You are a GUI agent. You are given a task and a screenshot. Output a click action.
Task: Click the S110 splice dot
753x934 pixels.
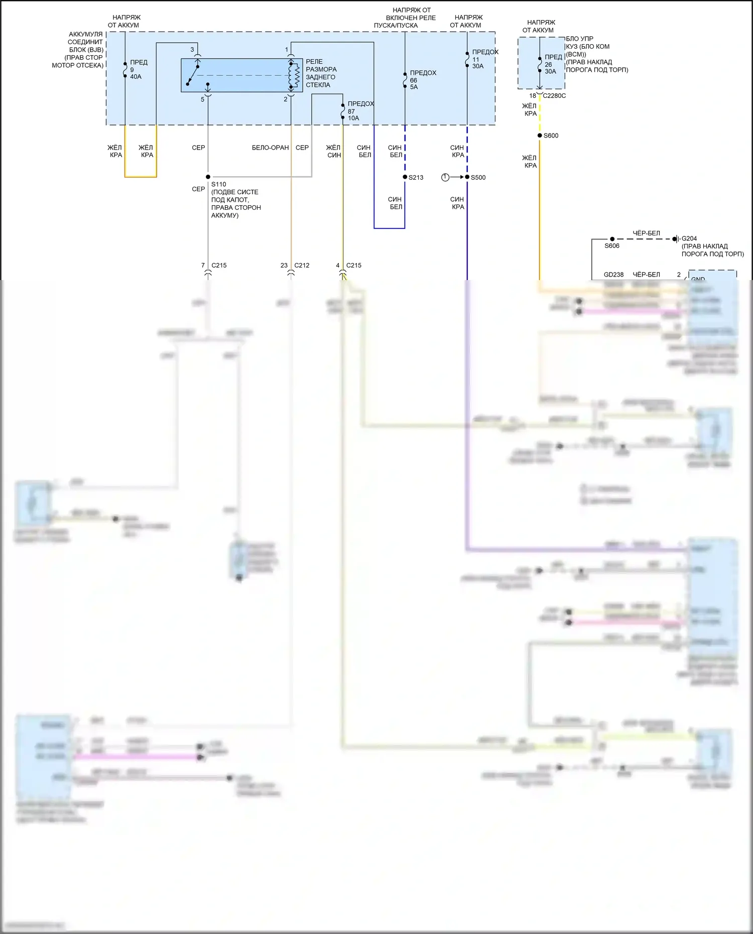click(x=208, y=177)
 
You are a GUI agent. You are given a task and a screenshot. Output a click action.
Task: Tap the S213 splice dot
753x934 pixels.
click(x=405, y=177)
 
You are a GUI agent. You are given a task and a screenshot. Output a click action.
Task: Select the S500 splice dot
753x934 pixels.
click(x=467, y=177)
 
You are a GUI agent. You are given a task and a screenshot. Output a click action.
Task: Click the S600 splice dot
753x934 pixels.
click(x=540, y=136)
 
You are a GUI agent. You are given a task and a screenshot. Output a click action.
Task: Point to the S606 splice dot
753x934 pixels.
click(x=612, y=239)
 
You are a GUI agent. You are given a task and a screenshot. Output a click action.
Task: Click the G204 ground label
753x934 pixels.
click(x=689, y=238)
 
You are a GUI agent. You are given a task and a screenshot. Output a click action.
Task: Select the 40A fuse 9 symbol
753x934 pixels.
click(x=125, y=70)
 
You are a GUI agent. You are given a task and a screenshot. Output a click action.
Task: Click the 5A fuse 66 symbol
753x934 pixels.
click(x=405, y=80)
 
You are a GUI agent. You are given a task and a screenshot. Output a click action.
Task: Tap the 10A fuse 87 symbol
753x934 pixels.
click(x=343, y=111)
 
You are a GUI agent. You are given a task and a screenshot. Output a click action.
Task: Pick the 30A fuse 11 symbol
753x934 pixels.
click(x=467, y=59)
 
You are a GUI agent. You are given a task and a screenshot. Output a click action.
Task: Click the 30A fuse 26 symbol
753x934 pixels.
click(x=540, y=64)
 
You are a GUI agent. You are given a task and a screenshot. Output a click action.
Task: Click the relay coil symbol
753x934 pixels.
click(x=294, y=75)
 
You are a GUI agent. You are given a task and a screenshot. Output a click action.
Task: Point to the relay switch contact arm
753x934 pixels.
click(x=192, y=75)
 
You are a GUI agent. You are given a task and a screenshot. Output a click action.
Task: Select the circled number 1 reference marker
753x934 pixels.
click(x=445, y=177)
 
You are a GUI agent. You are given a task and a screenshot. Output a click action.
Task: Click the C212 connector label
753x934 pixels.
click(x=302, y=265)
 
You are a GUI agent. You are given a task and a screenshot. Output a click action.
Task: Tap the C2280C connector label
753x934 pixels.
click(x=554, y=96)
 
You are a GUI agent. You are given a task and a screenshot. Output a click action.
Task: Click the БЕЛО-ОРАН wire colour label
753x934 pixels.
click(x=270, y=148)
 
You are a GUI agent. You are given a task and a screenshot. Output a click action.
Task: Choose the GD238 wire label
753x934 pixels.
click(x=613, y=275)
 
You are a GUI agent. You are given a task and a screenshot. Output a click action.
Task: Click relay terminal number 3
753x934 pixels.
click(x=192, y=50)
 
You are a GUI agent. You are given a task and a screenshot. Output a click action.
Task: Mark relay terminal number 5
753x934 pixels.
click(x=203, y=99)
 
